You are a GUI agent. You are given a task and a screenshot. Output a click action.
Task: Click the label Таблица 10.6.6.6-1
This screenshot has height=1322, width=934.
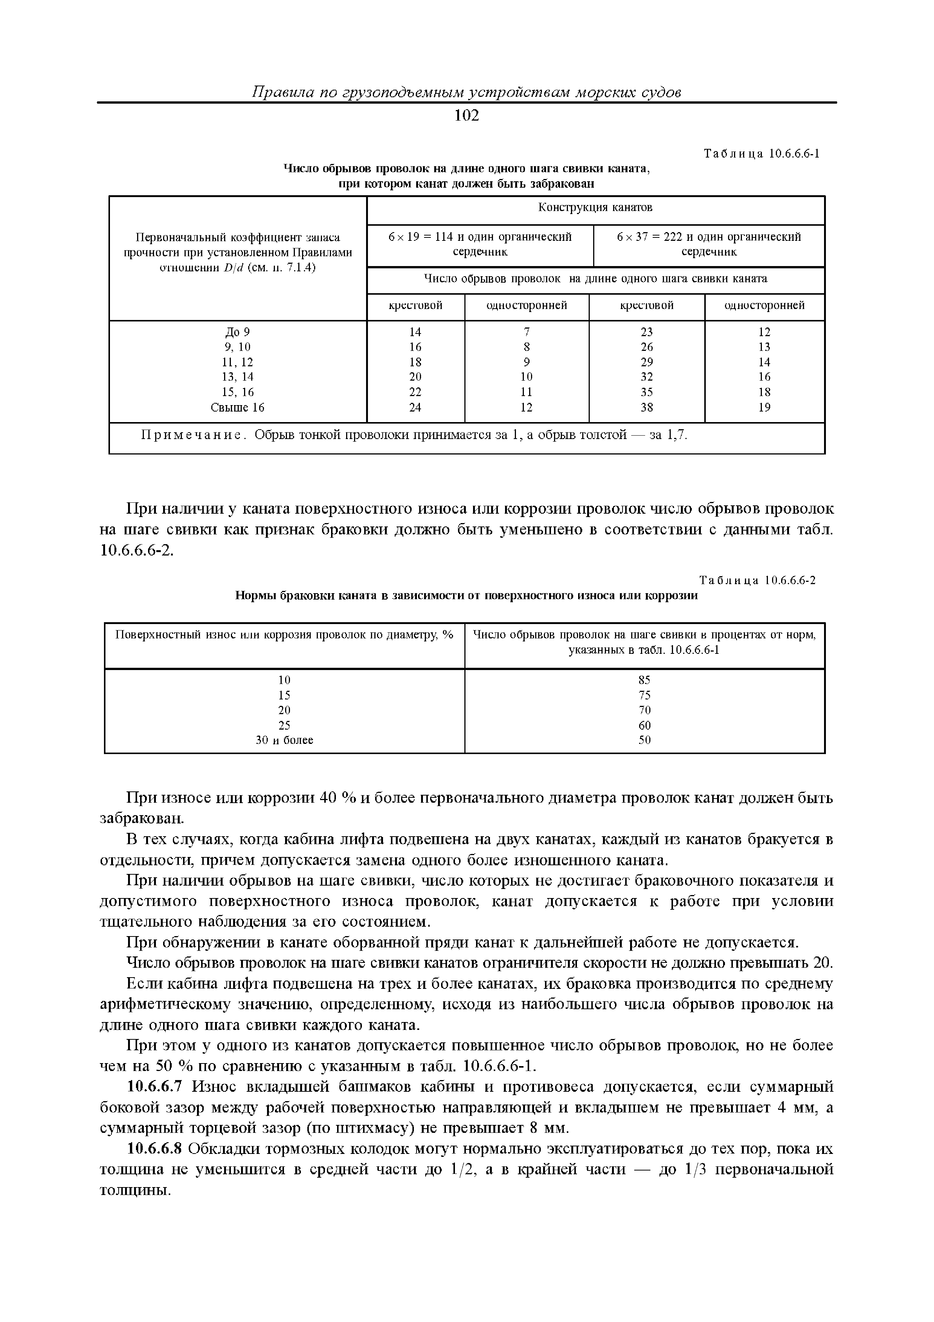762,154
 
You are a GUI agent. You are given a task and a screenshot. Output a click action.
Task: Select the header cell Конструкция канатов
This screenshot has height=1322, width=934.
595,207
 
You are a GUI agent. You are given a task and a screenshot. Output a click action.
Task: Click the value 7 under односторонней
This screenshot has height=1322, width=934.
526,332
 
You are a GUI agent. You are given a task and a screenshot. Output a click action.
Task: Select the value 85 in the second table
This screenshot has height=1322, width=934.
644,680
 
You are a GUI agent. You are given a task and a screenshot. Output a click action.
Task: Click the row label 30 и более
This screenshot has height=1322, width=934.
284,740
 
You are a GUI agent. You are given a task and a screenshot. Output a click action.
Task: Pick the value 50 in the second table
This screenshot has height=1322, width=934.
644,740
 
